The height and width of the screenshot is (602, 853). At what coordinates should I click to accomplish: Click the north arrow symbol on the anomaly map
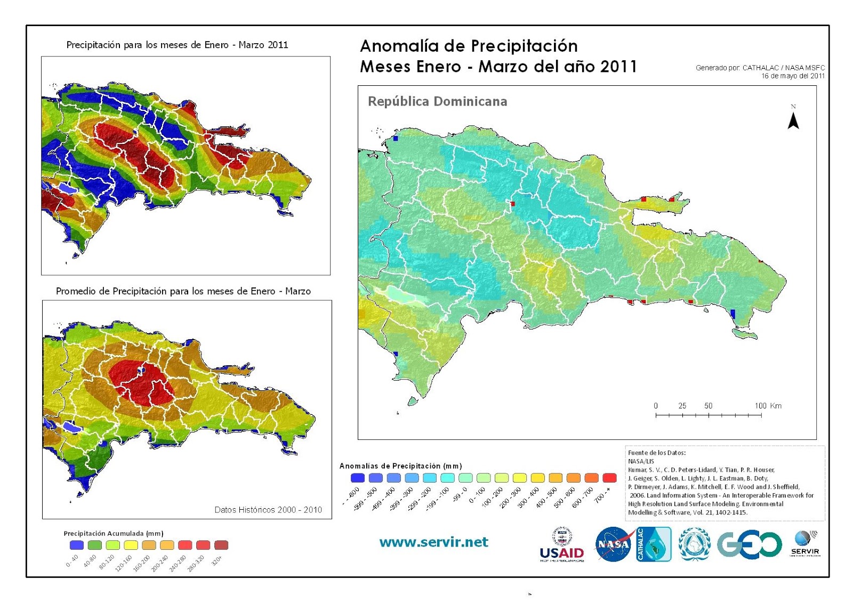point(793,121)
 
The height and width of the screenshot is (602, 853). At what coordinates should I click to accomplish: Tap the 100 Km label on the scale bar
point(768,406)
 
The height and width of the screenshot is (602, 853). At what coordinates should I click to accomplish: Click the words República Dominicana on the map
point(437,101)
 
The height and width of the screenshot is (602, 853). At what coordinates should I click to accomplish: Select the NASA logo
point(614,544)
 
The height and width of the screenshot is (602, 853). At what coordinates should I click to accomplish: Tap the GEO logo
point(749,544)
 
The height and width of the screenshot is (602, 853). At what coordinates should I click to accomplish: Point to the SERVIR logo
point(805,543)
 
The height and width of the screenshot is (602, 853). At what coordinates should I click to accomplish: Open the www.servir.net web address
point(433,542)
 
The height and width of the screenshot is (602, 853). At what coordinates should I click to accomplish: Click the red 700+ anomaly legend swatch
point(609,478)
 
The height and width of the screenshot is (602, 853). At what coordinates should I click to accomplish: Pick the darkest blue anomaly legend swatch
point(357,478)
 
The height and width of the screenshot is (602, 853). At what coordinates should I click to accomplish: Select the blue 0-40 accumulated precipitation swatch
point(77,545)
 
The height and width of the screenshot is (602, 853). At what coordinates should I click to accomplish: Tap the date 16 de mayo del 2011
point(792,76)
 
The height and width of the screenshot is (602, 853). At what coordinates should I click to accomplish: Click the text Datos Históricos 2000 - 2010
point(268,510)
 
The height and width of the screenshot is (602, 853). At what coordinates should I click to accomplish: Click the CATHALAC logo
point(654,544)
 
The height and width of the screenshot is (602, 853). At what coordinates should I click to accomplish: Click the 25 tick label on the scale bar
point(682,406)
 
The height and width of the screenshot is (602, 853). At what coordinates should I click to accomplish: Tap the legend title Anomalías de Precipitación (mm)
point(400,466)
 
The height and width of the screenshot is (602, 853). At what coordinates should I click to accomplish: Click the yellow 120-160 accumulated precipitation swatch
point(131,545)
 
